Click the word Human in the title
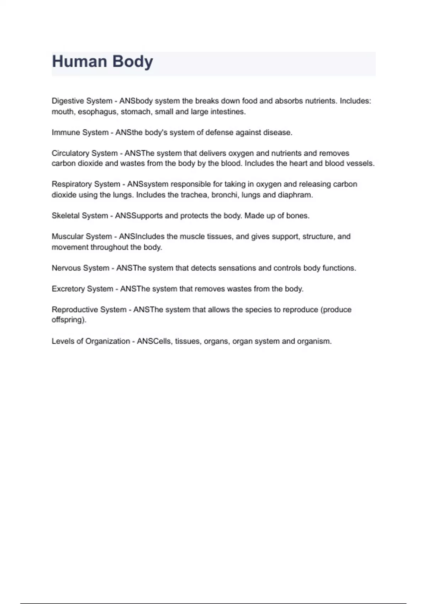[79, 61]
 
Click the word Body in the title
[133, 61]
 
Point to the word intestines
[228, 112]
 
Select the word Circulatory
[69, 153]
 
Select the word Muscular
[67, 237]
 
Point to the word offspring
[69, 320]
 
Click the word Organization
[108, 341]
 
